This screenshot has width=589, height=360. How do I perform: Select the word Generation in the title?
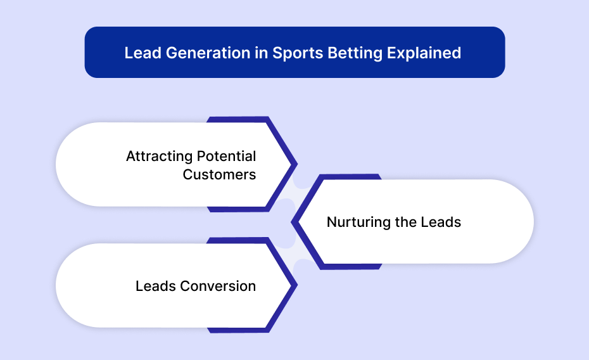coord(208,53)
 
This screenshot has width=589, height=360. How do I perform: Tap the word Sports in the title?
coord(298,53)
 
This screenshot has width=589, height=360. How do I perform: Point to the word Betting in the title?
coord(355,53)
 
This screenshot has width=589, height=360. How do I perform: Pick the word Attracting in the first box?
coord(159,157)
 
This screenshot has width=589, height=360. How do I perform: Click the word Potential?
coord(227,156)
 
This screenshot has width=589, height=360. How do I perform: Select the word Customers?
coord(219,174)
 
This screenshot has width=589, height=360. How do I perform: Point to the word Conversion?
coord(218,286)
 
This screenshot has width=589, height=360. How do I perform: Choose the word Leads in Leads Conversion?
coord(156,286)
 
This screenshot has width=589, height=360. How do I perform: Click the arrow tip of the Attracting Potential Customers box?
coord(297,164)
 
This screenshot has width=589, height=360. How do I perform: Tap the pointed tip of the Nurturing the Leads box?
coord(292,222)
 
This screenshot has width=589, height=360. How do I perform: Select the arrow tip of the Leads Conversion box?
coord(297,285)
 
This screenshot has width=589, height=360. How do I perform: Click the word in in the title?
coord(262,53)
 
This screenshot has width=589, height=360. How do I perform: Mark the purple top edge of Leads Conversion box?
coord(237,240)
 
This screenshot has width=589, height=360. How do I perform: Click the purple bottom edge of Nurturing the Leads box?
coord(351,267)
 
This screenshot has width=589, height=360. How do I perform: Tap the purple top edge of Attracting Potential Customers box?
coord(237,120)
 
